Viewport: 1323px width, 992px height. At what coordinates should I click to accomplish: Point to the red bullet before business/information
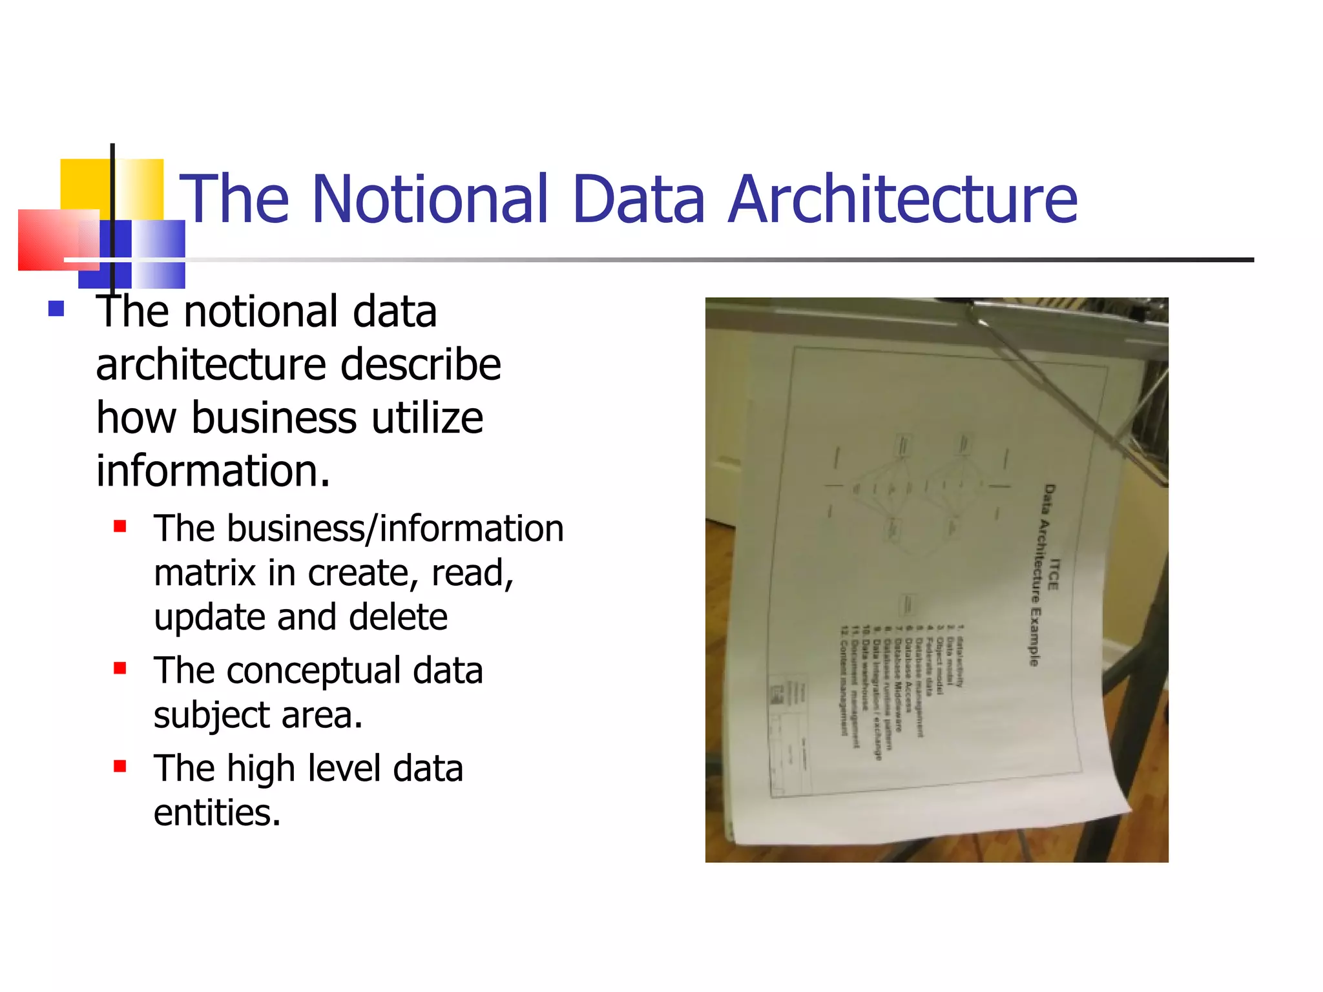tap(120, 526)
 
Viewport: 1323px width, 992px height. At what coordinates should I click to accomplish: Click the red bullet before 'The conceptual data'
tap(120, 668)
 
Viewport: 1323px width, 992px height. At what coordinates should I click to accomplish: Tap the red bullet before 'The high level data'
tap(120, 767)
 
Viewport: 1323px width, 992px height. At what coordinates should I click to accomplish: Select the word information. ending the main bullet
tap(213, 470)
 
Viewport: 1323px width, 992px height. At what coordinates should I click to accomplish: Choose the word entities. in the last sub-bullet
tap(217, 812)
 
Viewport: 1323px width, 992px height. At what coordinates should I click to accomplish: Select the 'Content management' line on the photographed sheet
tap(843, 681)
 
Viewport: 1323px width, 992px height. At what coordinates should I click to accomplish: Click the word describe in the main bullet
tap(421, 365)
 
